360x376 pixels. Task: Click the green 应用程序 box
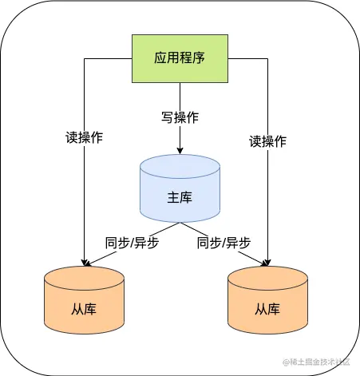pos(180,59)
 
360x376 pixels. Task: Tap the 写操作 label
pos(180,117)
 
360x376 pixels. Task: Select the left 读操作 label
pos(84,137)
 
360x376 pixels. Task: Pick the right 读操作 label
pos(267,142)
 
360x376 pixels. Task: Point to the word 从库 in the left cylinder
pos(84,308)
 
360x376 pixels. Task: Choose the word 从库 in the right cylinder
pos(267,308)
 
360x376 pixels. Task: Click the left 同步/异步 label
pos(132,243)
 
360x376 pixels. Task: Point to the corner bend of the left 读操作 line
pos(84,59)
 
